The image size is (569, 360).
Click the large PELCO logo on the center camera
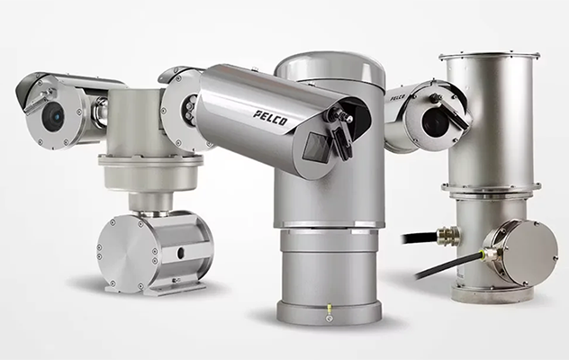coord(270,118)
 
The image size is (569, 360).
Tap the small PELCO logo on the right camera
coord(398,97)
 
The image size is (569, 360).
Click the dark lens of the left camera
coord(53,116)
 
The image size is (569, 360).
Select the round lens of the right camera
coord(435,122)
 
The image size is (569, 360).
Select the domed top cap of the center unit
coord(330,69)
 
